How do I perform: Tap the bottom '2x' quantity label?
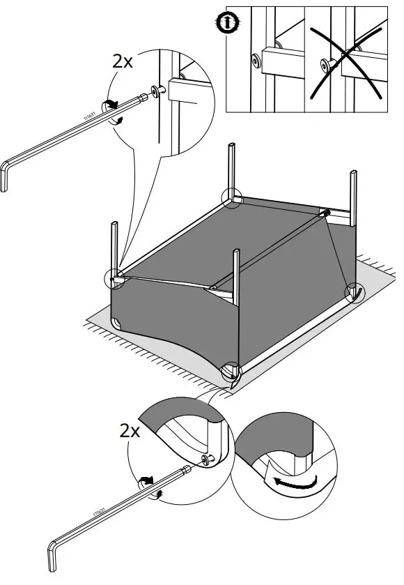129,430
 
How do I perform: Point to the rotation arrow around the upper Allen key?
111,106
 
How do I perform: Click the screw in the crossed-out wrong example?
324,66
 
